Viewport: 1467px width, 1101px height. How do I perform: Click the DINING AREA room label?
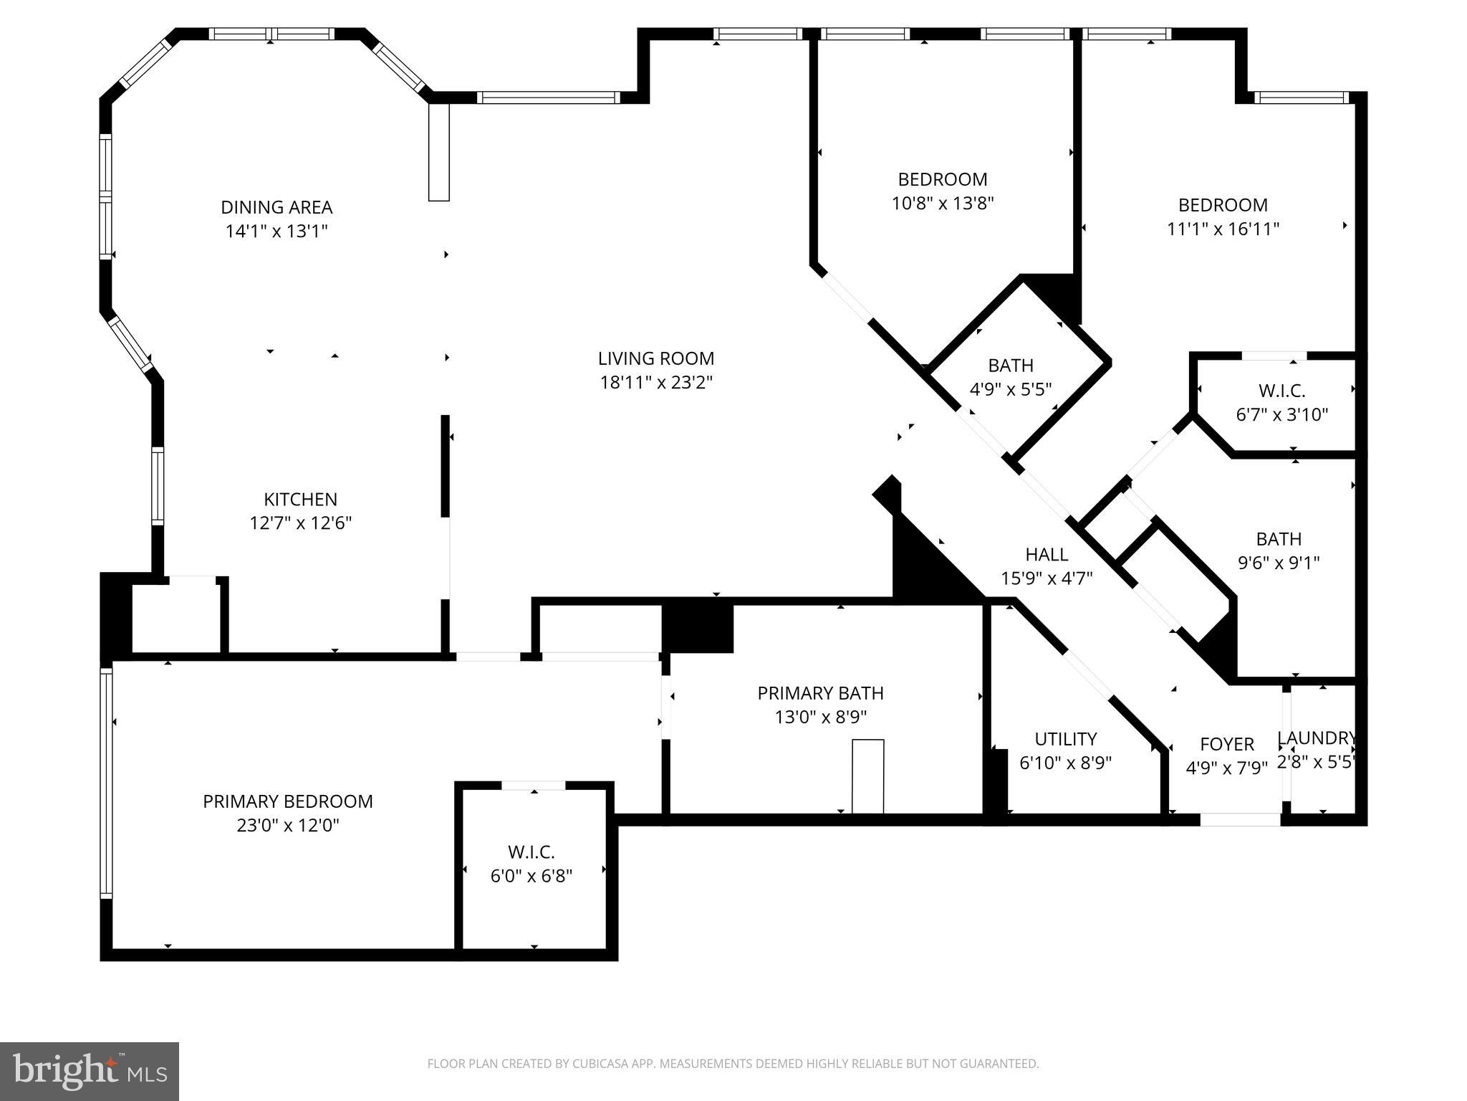click(276, 207)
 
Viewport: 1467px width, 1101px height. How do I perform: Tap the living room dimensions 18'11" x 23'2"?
click(656, 383)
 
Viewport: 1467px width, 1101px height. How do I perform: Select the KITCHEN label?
click(300, 499)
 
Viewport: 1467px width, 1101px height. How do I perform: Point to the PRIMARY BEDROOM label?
click(287, 801)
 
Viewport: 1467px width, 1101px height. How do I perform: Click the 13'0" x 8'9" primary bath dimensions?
click(820, 717)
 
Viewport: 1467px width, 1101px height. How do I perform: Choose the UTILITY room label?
click(1065, 738)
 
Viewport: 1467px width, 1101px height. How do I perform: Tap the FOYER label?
click(1227, 744)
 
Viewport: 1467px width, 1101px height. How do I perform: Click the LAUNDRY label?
click(1317, 738)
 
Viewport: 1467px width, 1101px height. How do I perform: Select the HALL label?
click(1047, 554)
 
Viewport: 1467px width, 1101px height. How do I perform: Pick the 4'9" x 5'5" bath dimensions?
click(1010, 389)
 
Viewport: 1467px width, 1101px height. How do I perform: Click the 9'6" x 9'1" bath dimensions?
click(1279, 563)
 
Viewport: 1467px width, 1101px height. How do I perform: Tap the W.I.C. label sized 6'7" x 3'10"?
click(1281, 391)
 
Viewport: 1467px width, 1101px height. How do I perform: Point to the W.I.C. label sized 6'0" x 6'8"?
click(531, 852)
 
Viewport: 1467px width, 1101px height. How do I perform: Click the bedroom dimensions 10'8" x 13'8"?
click(943, 204)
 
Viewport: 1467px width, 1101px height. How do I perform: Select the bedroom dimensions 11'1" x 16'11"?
click(1223, 229)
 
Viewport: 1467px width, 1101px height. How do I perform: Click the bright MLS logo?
click(90, 1071)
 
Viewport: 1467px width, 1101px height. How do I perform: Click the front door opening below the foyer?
click(1240, 819)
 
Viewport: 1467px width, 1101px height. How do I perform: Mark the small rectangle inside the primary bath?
click(867, 776)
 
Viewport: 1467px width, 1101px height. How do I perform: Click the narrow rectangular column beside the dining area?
click(438, 152)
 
